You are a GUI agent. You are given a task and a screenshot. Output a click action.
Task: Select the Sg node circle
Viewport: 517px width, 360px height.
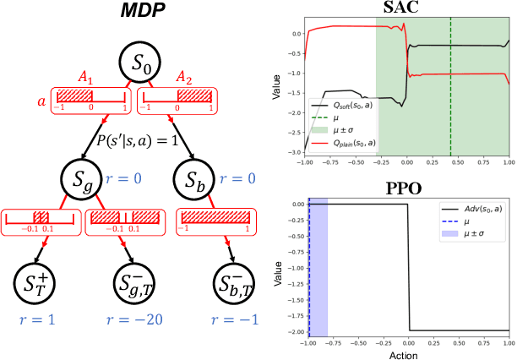point(82,180)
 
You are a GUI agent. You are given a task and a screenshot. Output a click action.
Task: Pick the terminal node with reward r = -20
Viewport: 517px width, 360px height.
point(136,285)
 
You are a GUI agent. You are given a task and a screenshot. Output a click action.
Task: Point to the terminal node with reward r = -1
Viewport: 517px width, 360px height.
point(231,285)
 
